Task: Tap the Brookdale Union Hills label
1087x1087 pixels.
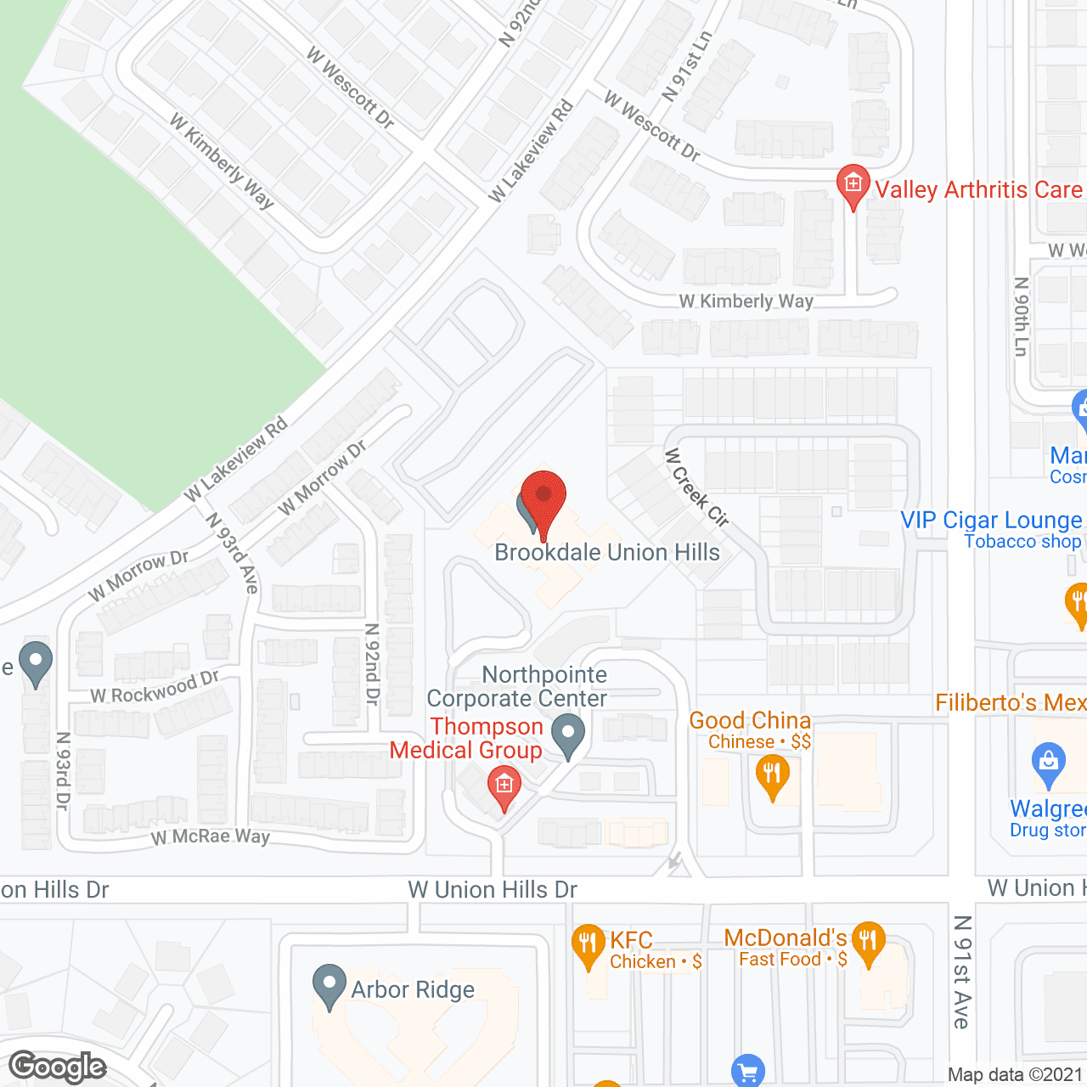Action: click(606, 553)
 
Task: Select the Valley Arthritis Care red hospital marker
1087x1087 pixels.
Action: click(853, 185)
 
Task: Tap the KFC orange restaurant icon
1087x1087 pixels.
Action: click(588, 944)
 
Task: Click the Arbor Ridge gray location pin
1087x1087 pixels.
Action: click(329, 985)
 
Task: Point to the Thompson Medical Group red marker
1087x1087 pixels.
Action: click(504, 786)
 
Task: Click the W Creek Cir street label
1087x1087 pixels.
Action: click(696, 487)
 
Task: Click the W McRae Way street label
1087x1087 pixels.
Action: click(211, 836)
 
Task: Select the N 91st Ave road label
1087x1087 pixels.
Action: click(961, 972)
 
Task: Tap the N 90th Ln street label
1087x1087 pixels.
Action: click(1022, 316)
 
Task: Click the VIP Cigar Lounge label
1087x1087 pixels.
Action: click(991, 520)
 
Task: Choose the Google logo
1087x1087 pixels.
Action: click(58, 1067)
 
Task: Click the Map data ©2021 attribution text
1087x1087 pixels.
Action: click(1015, 1074)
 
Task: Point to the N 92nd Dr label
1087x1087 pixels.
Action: click(372, 664)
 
